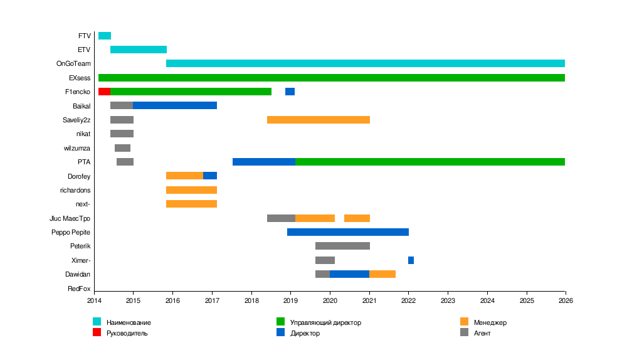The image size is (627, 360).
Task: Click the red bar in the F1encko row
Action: pyautogui.click(x=104, y=92)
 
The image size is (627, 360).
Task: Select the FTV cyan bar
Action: pyautogui.click(x=105, y=36)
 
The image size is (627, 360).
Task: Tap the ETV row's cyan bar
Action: pyautogui.click(x=139, y=50)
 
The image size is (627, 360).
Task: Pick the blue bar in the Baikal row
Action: pyautogui.click(x=175, y=105)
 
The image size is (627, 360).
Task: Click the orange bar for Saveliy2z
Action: pyautogui.click(x=319, y=120)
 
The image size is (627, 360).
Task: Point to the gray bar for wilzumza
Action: pyautogui.click(x=122, y=148)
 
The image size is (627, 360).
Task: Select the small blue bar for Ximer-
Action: pyautogui.click(x=411, y=260)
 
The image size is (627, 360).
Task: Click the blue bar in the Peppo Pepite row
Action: pyautogui.click(x=348, y=232)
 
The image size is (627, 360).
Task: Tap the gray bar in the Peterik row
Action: pyautogui.click(x=342, y=246)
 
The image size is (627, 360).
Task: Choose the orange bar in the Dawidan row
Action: pyautogui.click(x=382, y=274)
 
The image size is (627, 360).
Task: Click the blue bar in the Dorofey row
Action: pyautogui.click(x=210, y=176)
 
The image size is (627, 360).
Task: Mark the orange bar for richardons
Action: pyautogui.click(x=191, y=190)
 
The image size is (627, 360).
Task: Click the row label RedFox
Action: pyautogui.click(x=79, y=289)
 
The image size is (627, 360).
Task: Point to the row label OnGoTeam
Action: pyautogui.click(x=73, y=63)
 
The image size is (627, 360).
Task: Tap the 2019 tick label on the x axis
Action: pyautogui.click(x=290, y=300)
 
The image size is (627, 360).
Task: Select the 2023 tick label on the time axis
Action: pyautogui.click(x=448, y=300)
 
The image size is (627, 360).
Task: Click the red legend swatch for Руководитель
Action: pyautogui.click(x=97, y=332)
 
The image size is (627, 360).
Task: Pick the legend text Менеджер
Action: pyautogui.click(x=490, y=322)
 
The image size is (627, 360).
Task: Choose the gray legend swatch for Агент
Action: pyautogui.click(x=464, y=332)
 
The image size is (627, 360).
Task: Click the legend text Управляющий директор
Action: pyautogui.click(x=325, y=322)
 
